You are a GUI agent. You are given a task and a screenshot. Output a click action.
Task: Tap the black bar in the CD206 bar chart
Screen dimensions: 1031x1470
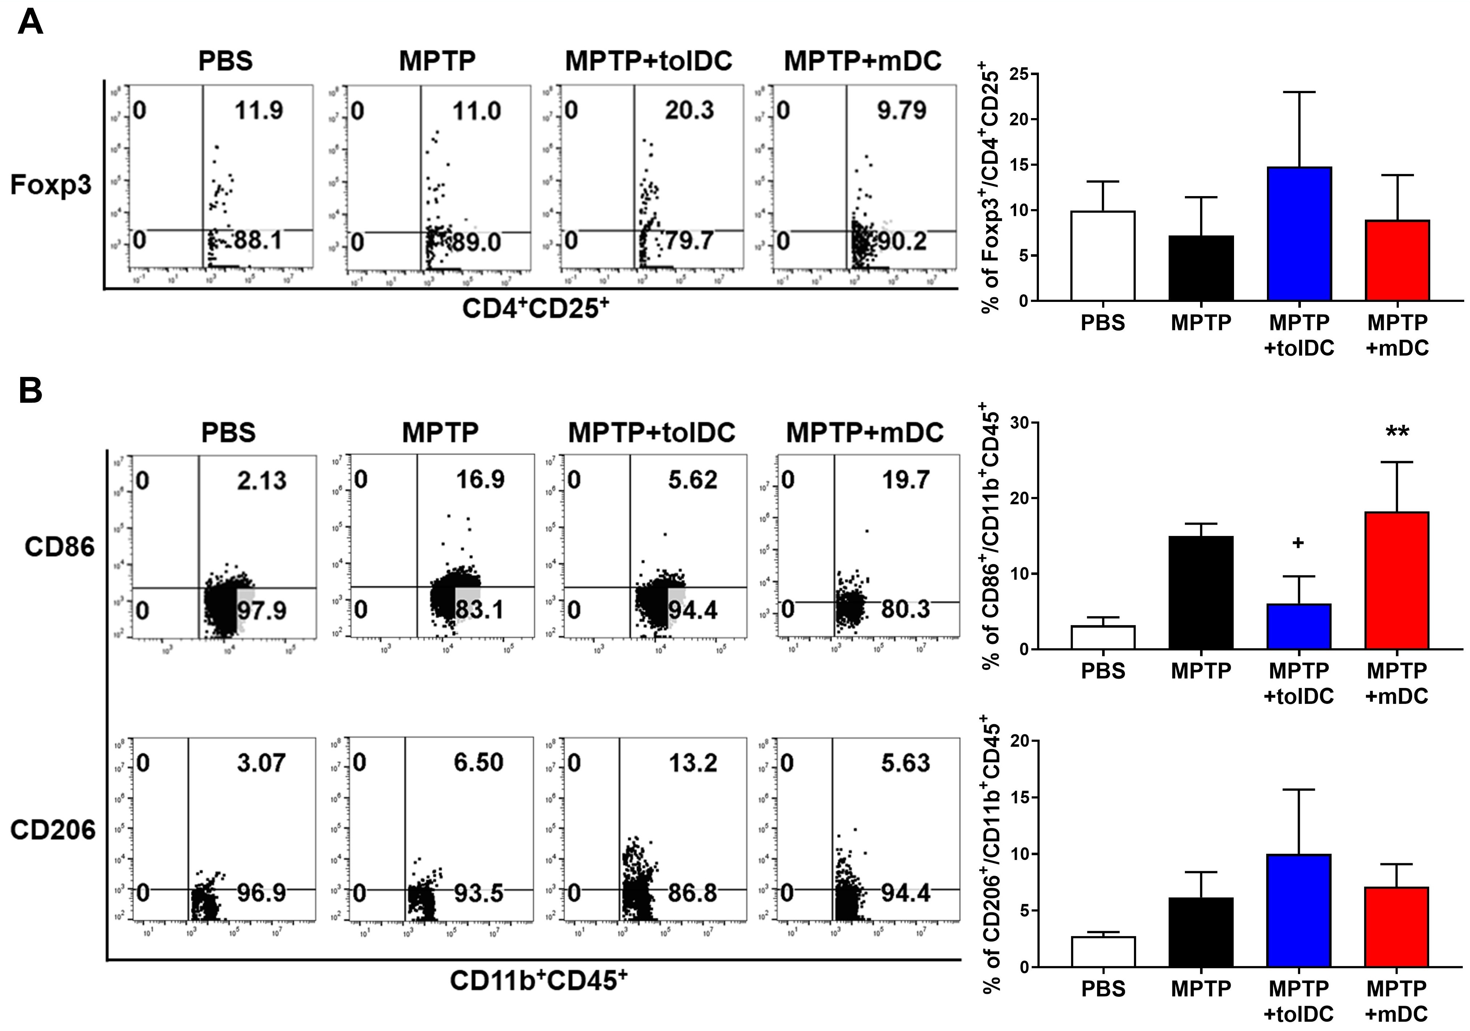(x=1201, y=932)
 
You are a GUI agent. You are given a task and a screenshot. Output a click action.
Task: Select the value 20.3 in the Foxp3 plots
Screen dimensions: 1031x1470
(x=689, y=111)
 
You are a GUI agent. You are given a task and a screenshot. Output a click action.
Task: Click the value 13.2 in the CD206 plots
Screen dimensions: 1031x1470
(x=693, y=763)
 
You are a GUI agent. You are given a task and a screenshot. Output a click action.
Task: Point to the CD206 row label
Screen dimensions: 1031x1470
(x=52, y=830)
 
